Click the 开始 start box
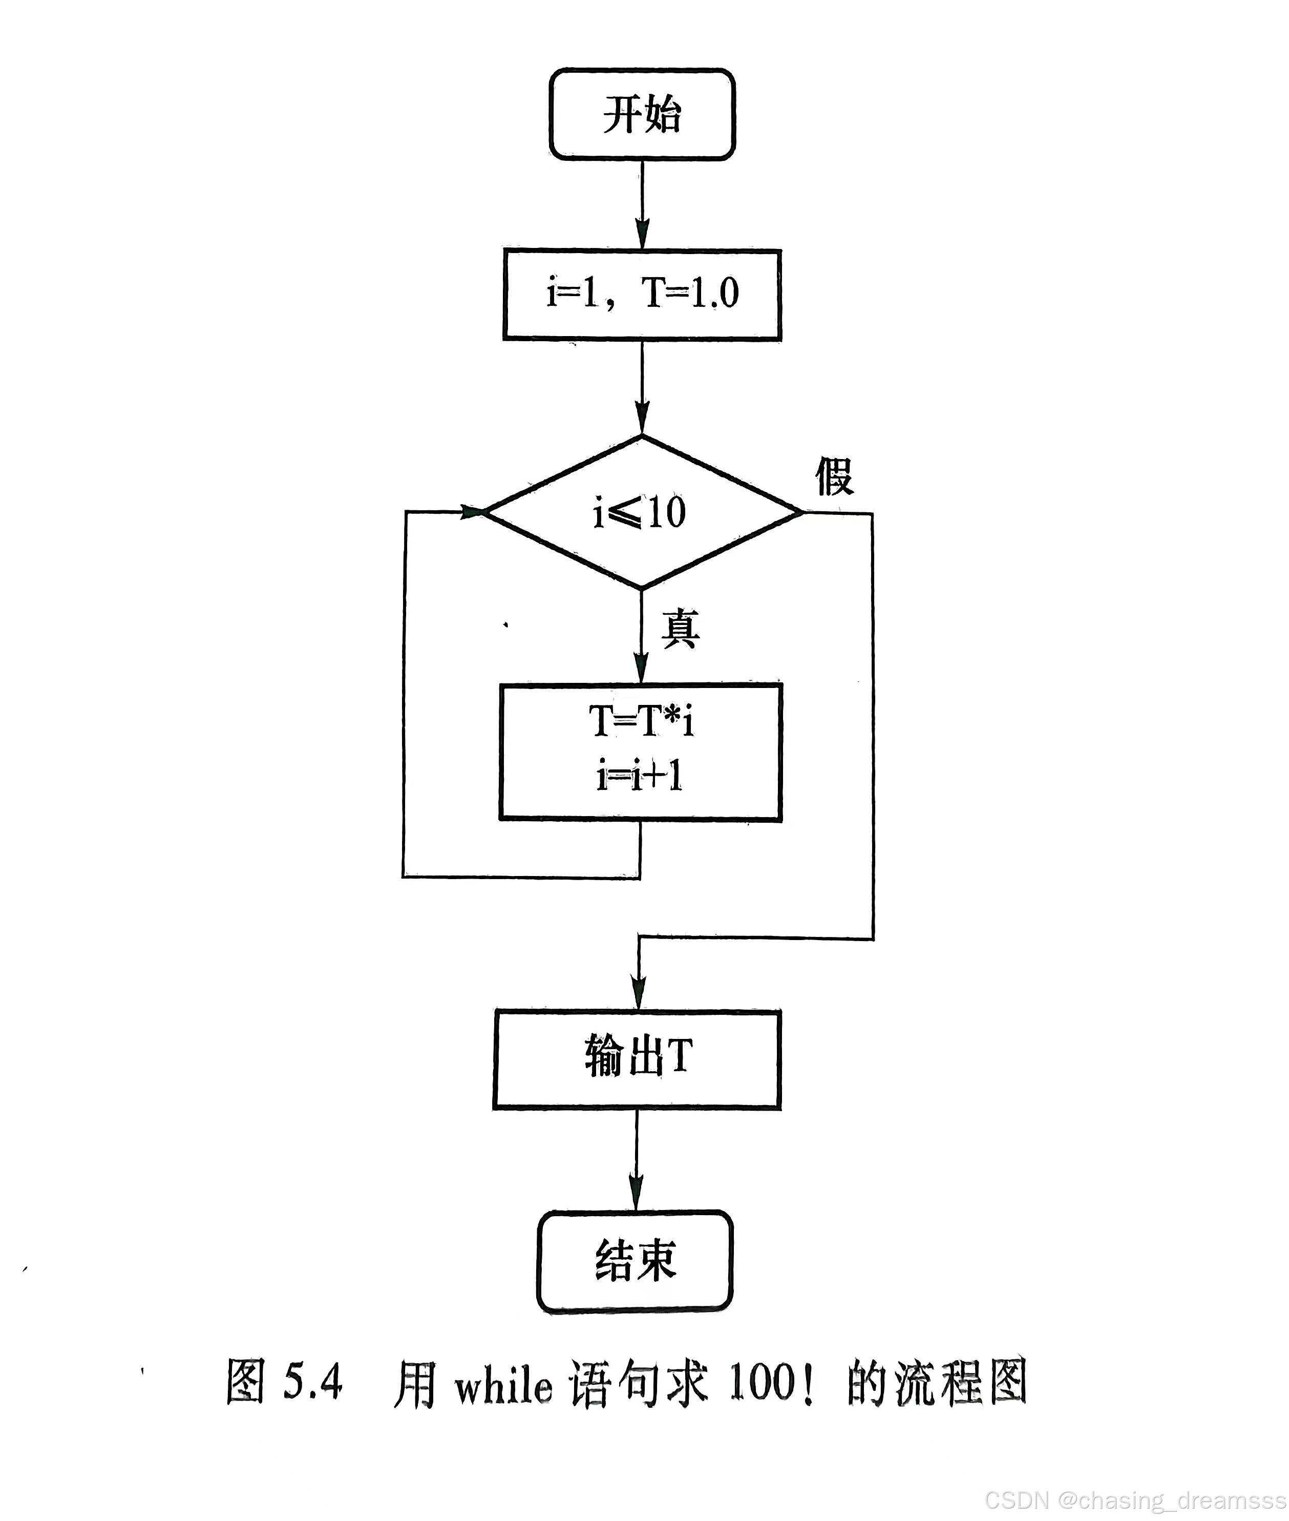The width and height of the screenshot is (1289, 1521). coord(642,115)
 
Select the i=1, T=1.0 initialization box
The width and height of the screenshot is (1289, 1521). coord(642,294)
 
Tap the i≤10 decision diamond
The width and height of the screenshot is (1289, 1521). coord(642,512)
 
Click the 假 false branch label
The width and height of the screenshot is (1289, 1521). coord(834,476)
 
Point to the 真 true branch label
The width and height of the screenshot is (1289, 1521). coord(680,628)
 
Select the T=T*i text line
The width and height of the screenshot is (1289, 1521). coord(642,721)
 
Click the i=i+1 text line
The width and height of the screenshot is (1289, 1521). coord(640,776)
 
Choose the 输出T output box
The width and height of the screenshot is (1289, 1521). coord(637,1058)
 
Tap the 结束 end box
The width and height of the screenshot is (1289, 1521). coord(635,1260)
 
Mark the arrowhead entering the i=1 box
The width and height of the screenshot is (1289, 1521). coord(642,235)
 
